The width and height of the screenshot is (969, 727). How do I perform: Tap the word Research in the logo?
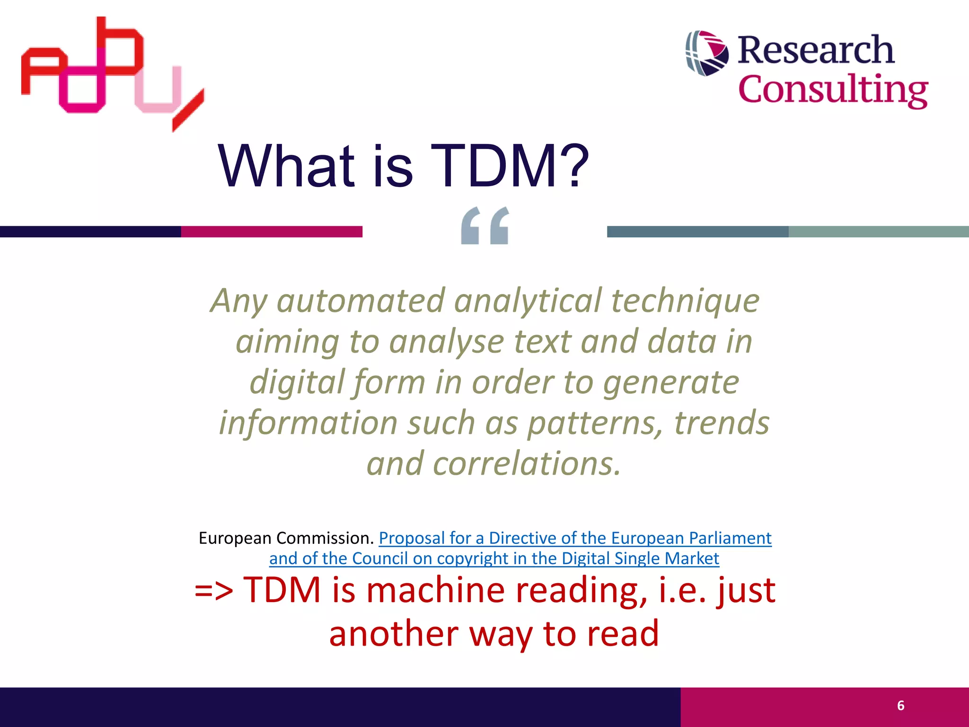[816, 50]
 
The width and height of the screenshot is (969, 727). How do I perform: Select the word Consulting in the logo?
[833, 90]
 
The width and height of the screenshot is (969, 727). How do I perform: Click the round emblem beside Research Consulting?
[707, 53]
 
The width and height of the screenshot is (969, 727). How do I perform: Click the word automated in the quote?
[361, 301]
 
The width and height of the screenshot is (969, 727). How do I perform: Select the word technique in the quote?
[686, 301]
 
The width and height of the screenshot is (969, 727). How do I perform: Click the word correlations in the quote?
[526, 463]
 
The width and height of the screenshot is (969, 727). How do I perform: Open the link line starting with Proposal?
[575, 538]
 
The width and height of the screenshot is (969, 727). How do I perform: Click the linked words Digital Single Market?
[640, 559]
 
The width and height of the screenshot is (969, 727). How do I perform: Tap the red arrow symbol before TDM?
[214, 591]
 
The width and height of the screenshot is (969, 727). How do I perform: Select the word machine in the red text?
[435, 590]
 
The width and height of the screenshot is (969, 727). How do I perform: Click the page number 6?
[900, 706]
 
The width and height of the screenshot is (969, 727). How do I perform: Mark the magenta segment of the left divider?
[272, 231]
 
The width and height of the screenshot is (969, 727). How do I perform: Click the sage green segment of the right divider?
[878, 231]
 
